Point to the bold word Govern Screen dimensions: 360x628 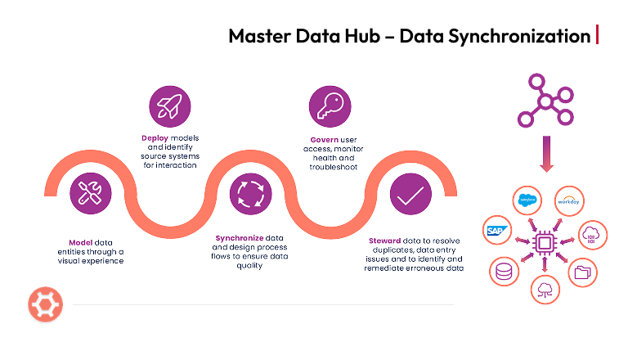(x=325, y=138)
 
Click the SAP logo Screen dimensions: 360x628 (x=496, y=230)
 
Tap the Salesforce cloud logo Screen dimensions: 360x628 (x=527, y=200)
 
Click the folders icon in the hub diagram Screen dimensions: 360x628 (x=583, y=272)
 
